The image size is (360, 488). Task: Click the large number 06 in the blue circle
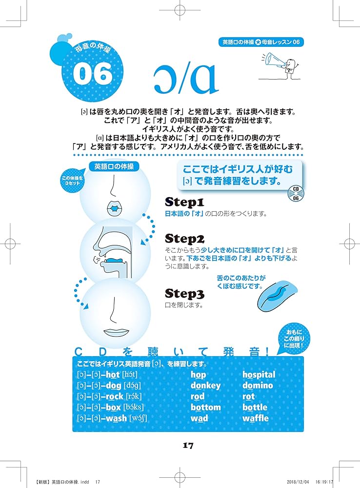click(93, 74)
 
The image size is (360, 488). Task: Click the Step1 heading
click(185, 202)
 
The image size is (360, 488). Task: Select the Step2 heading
click(185, 239)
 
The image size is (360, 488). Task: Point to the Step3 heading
click(185, 294)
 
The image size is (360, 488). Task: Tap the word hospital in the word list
click(259, 375)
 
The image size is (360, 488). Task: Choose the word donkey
click(205, 386)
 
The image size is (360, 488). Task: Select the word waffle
click(255, 418)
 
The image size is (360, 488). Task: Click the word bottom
click(205, 407)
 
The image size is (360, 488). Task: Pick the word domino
click(258, 386)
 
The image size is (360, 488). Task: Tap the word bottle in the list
click(255, 407)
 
